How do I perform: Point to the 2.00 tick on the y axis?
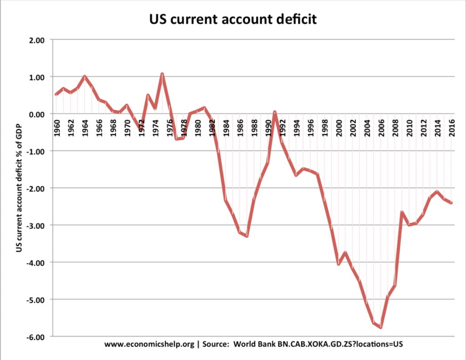pos(38,40)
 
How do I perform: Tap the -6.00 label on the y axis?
pos(37,337)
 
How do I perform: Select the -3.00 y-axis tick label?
pos(37,225)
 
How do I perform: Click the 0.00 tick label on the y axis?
pos(38,114)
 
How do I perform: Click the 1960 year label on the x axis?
pos(56,125)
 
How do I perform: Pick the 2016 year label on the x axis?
pos(452,125)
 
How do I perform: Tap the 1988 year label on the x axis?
pos(254,125)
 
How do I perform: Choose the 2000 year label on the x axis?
pos(339,125)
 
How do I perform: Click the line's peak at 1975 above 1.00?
pos(162,74)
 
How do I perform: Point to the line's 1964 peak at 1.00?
pos(84,76)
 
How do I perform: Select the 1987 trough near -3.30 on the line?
pos(247,236)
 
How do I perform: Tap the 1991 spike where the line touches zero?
pos(275,112)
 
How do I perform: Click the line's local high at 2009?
pos(402,212)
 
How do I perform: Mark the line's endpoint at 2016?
pos(451,203)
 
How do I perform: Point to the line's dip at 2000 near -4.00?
pos(339,264)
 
